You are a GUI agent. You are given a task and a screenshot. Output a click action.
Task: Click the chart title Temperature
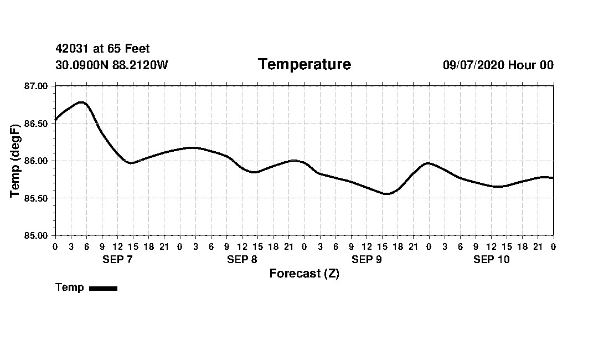(304, 65)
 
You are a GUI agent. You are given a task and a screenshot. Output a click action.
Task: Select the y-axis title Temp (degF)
(16, 161)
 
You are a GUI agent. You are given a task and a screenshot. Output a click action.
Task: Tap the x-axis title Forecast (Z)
(304, 274)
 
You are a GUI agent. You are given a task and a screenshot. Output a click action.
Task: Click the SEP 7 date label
(117, 260)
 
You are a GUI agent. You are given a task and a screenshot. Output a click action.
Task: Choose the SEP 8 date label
(242, 260)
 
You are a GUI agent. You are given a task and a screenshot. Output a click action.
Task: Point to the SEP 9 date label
(367, 260)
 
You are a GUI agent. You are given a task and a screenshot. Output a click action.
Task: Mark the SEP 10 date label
(491, 260)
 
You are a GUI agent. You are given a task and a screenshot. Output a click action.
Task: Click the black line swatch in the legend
(103, 288)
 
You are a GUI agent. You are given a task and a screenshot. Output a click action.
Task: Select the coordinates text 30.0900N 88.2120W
(111, 65)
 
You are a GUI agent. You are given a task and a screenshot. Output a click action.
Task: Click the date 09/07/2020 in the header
(473, 65)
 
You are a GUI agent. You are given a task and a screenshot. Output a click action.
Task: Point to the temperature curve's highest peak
(81, 102)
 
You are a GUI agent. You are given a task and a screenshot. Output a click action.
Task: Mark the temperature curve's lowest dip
(387, 194)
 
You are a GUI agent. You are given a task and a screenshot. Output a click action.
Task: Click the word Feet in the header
(137, 49)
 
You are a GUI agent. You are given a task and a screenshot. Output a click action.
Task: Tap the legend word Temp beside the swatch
(70, 287)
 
